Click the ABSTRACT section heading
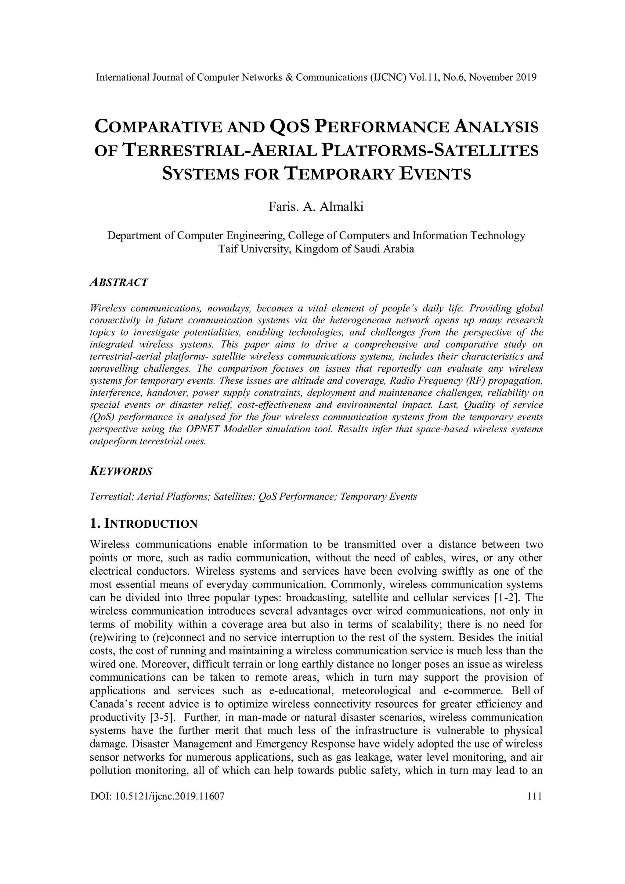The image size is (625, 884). coord(118,282)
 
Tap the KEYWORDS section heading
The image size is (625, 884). coord(121,471)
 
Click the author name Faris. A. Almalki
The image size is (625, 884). coord(316,207)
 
